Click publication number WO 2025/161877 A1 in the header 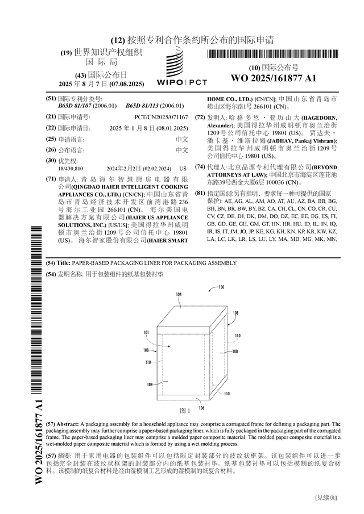(x=274, y=78)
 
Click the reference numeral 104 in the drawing (x=179, y=294)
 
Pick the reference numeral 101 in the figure (x=146, y=332)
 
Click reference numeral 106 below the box (x=201, y=408)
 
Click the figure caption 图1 (x=185, y=411)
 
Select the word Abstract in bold (x=68, y=424)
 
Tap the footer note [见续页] (x=326, y=498)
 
